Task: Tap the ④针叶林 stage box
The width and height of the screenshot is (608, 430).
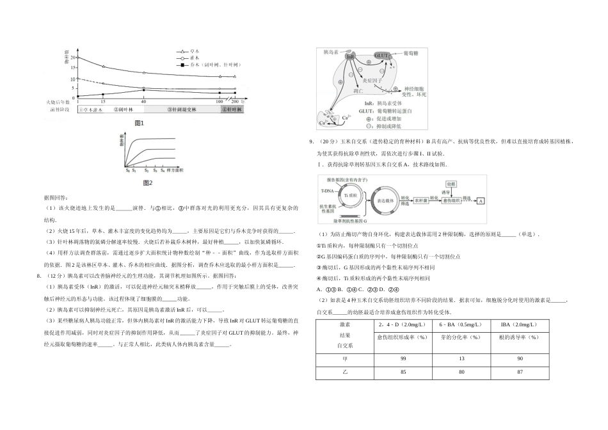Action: [232, 109]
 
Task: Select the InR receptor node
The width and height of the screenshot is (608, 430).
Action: [350, 57]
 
